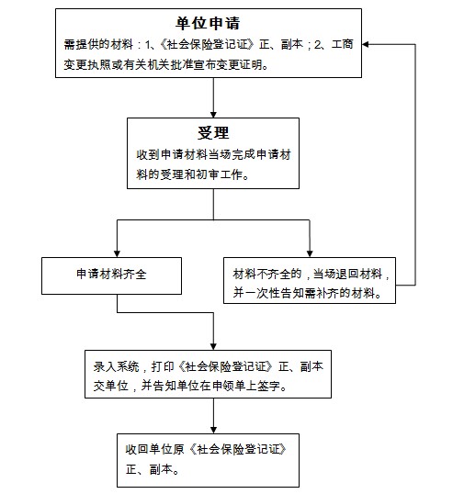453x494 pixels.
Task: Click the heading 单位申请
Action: (208, 23)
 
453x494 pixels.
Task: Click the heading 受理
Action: (213, 132)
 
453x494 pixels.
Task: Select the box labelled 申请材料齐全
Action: (111, 276)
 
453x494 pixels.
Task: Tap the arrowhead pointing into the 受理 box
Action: (213, 115)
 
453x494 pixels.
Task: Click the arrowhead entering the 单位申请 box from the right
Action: (366, 44)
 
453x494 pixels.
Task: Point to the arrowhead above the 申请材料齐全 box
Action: (117, 253)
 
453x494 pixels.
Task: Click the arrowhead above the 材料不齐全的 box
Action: (310, 253)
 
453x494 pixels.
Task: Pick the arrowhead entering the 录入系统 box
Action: (213, 346)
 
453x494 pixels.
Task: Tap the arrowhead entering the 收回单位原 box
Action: (213, 430)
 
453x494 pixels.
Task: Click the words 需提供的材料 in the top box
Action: (98, 44)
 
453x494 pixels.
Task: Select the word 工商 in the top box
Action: (342, 44)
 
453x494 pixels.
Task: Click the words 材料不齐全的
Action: (267, 275)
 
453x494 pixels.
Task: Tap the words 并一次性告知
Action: (262, 293)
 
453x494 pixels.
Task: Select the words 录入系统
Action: (116, 366)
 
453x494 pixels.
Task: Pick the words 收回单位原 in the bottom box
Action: (154, 450)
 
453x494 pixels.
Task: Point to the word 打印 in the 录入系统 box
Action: (163, 366)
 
